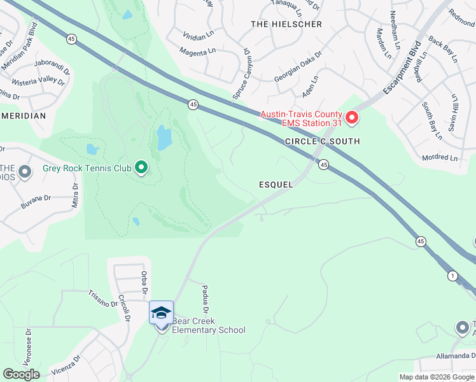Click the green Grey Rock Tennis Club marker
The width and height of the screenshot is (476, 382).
(141, 168)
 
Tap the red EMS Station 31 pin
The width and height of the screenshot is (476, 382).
(351, 118)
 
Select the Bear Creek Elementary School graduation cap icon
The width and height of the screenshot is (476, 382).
(161, 313)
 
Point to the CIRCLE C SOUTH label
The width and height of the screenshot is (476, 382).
(322, 141)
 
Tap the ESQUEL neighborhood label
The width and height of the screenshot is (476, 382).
(276, 185)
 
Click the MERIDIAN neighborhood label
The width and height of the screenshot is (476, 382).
(24, 117)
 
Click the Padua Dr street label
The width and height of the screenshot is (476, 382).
(207, 299)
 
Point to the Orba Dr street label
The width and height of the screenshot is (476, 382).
(144, 282)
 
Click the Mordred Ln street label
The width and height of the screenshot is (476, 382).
(440, 157)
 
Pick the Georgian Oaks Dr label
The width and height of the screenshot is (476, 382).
(298, 68)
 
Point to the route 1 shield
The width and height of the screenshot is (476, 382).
(452, 275)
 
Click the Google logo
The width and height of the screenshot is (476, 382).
(21, 374)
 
